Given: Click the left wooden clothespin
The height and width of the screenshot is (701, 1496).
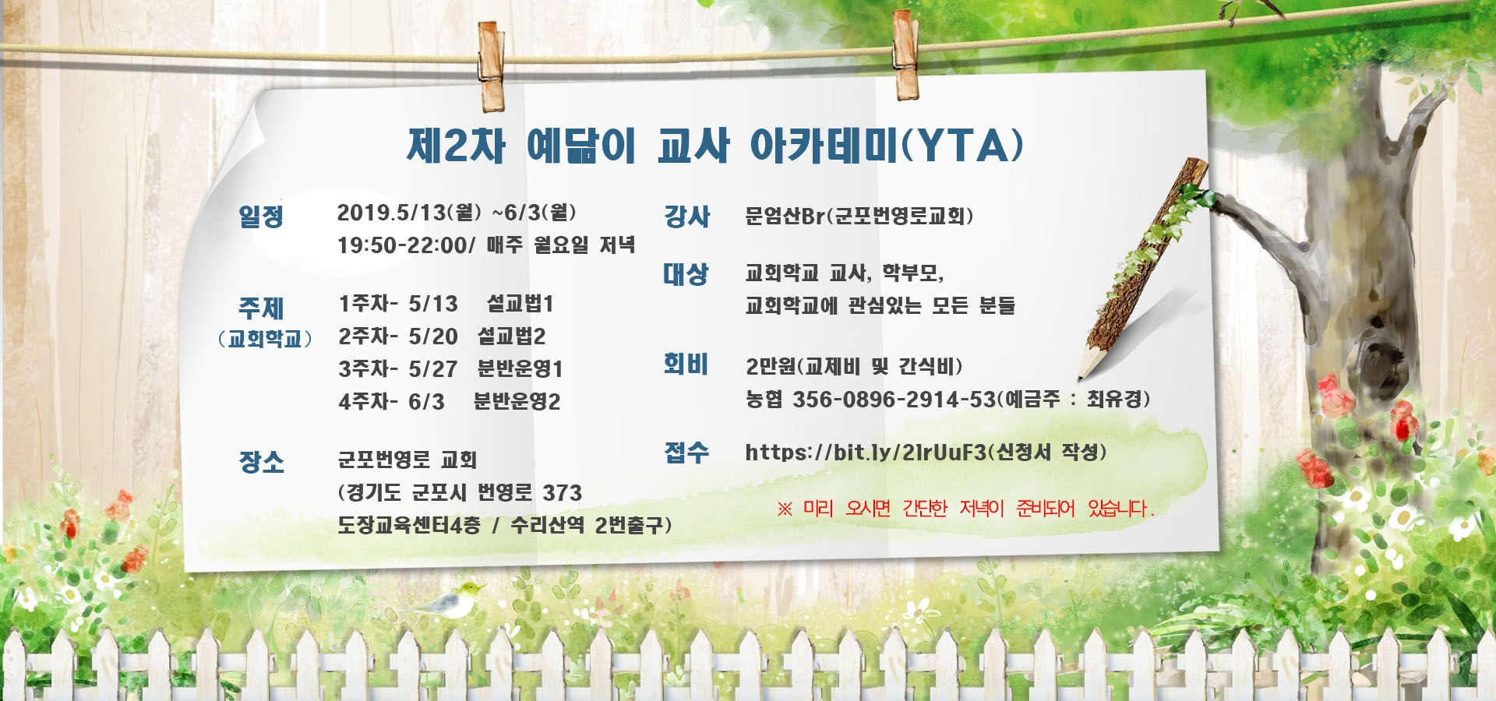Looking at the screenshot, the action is coord(491,66).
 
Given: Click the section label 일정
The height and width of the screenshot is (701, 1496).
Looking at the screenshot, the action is coord(261,216).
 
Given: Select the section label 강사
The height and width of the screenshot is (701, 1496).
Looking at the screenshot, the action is coord(686,216).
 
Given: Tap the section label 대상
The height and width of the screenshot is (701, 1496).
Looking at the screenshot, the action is coord(686,273).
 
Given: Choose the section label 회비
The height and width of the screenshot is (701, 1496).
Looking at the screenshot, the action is coord(686,364).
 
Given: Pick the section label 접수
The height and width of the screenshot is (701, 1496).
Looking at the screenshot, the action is coord(686,452).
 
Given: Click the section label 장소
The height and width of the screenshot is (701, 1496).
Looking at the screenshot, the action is coord(262,462).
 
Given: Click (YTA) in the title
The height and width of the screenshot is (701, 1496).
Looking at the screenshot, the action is coord(963,146).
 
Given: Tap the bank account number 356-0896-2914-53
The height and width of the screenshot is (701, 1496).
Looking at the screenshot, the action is coord(894,400).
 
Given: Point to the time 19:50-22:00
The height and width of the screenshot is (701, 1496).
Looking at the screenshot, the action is coord(402,245).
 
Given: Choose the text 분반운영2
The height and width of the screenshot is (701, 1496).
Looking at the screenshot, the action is coord(517,401).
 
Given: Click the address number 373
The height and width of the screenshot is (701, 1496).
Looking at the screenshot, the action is coord(563,492).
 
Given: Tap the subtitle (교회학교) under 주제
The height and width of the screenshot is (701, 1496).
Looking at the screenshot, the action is coord(265,339).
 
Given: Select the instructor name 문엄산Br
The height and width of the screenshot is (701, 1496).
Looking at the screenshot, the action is coord(785,216).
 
